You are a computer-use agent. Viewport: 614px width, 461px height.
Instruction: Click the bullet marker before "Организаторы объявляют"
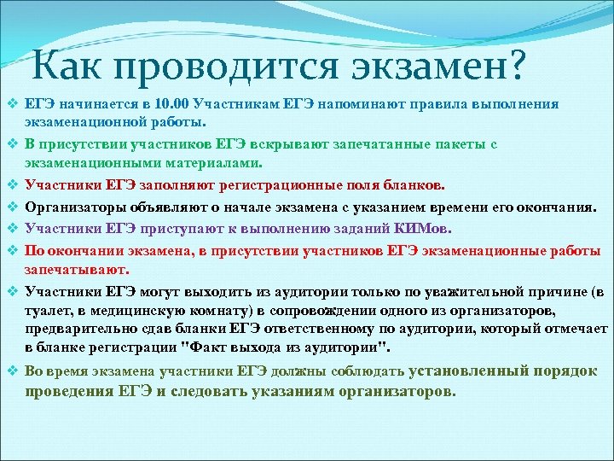coord(12,206)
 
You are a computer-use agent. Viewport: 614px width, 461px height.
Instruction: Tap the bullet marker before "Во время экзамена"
coord(12,372)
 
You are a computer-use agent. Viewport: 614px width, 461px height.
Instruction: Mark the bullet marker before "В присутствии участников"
coord(12,144)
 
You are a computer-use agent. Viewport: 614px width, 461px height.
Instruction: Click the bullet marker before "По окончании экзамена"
coord(12,250)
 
